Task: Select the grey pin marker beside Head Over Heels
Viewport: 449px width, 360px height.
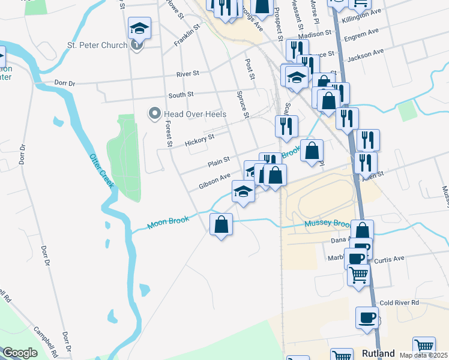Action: [155, 113]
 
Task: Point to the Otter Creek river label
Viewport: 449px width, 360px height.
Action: [101, 171]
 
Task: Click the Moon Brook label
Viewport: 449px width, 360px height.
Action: [169, 222]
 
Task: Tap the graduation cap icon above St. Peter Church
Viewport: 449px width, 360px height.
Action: [139, 28]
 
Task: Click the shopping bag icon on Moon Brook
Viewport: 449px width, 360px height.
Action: [221, 226]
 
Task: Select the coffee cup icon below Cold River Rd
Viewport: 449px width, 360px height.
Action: [367, 318]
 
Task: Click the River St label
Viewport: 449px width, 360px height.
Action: [187, 74]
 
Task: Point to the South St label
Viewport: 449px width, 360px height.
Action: [181, 95]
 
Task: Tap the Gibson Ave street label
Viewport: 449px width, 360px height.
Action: [215, 181]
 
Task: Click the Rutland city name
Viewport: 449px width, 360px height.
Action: [378, 353]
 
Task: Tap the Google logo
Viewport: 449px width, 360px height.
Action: [20, 353]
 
